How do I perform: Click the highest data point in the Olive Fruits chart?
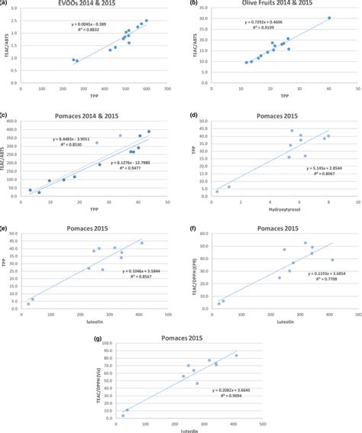pos(329,18)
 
